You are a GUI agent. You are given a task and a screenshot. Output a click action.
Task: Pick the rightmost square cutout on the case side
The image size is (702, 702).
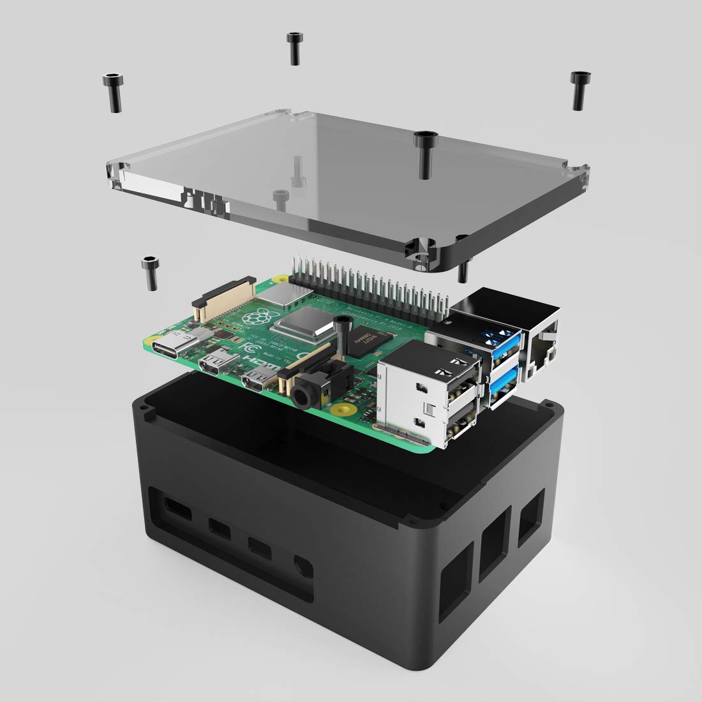530,516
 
